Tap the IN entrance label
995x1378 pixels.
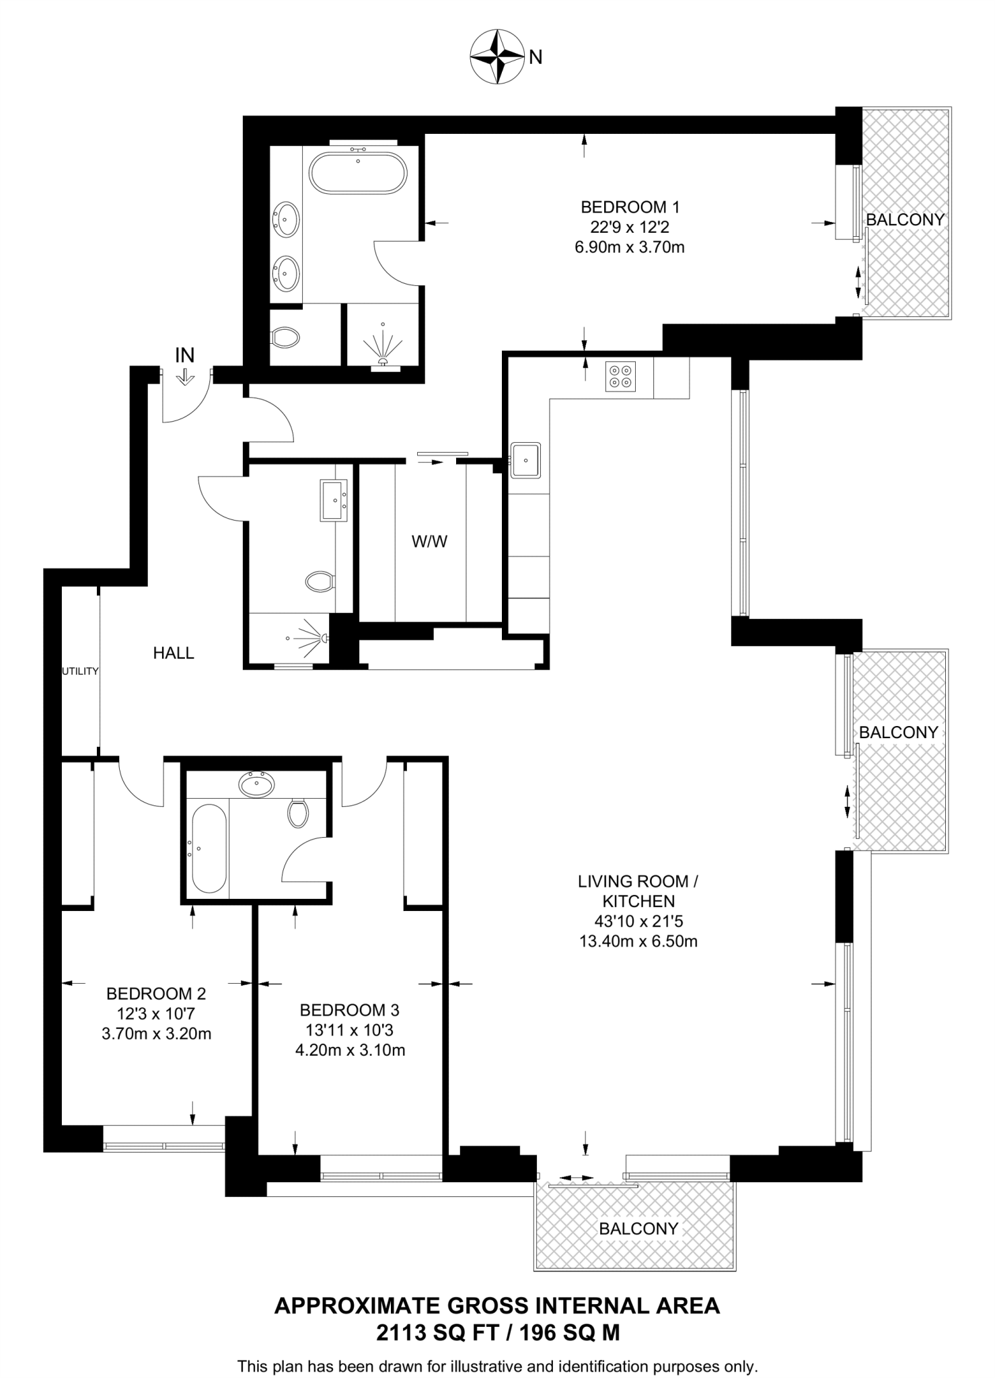tap(184, 355)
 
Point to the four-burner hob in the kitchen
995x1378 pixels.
tap(620, 377)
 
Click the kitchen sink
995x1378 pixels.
tap(525, 460)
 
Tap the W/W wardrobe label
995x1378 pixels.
tap(430, 542)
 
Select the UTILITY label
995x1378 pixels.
tap(80, 671)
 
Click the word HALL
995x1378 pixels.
tap(174, 653)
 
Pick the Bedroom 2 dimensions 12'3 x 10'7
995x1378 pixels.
tap(155, 1013)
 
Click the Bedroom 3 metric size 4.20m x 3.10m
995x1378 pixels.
tap(350, 1050)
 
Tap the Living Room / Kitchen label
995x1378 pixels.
tap(638, 891)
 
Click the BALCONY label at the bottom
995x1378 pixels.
tap(638, 1228)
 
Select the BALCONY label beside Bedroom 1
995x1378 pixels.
tap(905, 219)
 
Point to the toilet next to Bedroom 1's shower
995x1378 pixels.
tap(285, 337)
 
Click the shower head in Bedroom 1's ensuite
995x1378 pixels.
tap(383, 360)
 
